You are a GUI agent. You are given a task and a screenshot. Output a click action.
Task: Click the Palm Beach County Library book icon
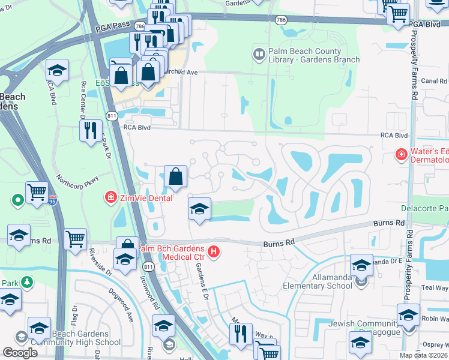point(259,55)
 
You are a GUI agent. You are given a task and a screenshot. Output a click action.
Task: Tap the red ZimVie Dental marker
point(110,197)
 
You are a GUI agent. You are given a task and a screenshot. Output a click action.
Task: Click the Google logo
point(20,353)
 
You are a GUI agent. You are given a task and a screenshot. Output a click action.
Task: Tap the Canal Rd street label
point(435,81)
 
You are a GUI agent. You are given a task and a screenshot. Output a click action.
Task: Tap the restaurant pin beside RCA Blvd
point(91,130)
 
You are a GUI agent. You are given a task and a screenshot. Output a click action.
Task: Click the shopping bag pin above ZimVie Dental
point(175,176)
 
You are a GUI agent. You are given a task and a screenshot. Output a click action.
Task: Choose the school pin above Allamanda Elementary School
point(362,264)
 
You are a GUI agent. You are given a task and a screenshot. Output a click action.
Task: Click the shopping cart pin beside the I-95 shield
point(37,193)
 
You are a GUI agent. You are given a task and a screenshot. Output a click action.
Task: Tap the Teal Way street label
point(438,287)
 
